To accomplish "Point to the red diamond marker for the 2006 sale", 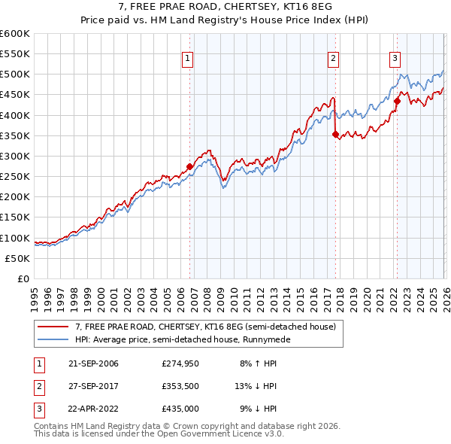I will (x=189, y=166).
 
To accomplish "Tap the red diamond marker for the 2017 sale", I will (x=335, y=135).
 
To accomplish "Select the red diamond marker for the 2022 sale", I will (x=396, y=101).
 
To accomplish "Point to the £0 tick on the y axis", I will (x=24, y=278).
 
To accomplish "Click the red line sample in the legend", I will (x=53, y=327).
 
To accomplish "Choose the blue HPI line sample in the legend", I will (x=53, y=339).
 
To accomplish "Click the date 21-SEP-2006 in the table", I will (x=93, y=363).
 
